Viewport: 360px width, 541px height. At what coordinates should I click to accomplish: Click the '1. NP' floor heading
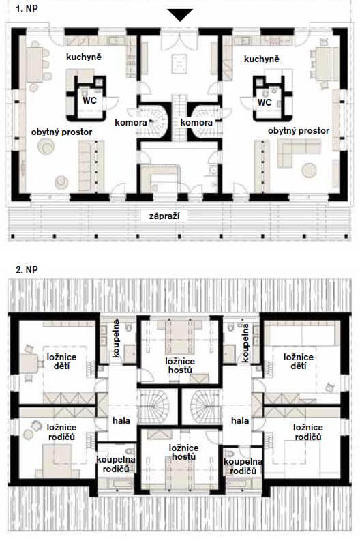click(27, 8)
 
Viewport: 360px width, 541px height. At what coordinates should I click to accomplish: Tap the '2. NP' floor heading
click(27, 269)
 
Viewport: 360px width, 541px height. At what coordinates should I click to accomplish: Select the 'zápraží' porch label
click(164, 216)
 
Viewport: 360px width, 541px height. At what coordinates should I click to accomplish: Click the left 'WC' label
click(89, 100)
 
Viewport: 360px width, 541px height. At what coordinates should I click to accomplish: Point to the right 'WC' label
click(265, 102)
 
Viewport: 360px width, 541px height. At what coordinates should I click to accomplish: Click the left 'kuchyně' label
click(84, 57)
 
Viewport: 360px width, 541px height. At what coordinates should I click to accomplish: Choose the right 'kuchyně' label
click(261, 59)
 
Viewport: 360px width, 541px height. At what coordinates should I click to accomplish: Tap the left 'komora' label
click(131, 122)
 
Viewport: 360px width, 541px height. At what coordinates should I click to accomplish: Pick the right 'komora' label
click(196, 122)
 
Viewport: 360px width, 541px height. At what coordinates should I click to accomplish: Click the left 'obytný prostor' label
click(62, 132)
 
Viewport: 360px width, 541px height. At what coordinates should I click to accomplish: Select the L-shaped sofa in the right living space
click(299, 152)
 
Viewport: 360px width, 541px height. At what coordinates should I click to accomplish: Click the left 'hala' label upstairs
click(121, 420)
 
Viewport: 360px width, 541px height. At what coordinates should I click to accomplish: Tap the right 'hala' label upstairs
click(240, 420)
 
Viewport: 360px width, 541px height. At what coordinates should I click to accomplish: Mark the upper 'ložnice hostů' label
click(179, 366)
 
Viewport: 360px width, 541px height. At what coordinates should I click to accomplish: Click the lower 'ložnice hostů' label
click(183, 452)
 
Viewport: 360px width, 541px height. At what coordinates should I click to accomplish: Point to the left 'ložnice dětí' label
click(62, 361)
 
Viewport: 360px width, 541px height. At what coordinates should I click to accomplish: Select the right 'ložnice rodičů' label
click(308, 432)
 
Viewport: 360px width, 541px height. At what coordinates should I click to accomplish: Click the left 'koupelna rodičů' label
click(116, 465)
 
